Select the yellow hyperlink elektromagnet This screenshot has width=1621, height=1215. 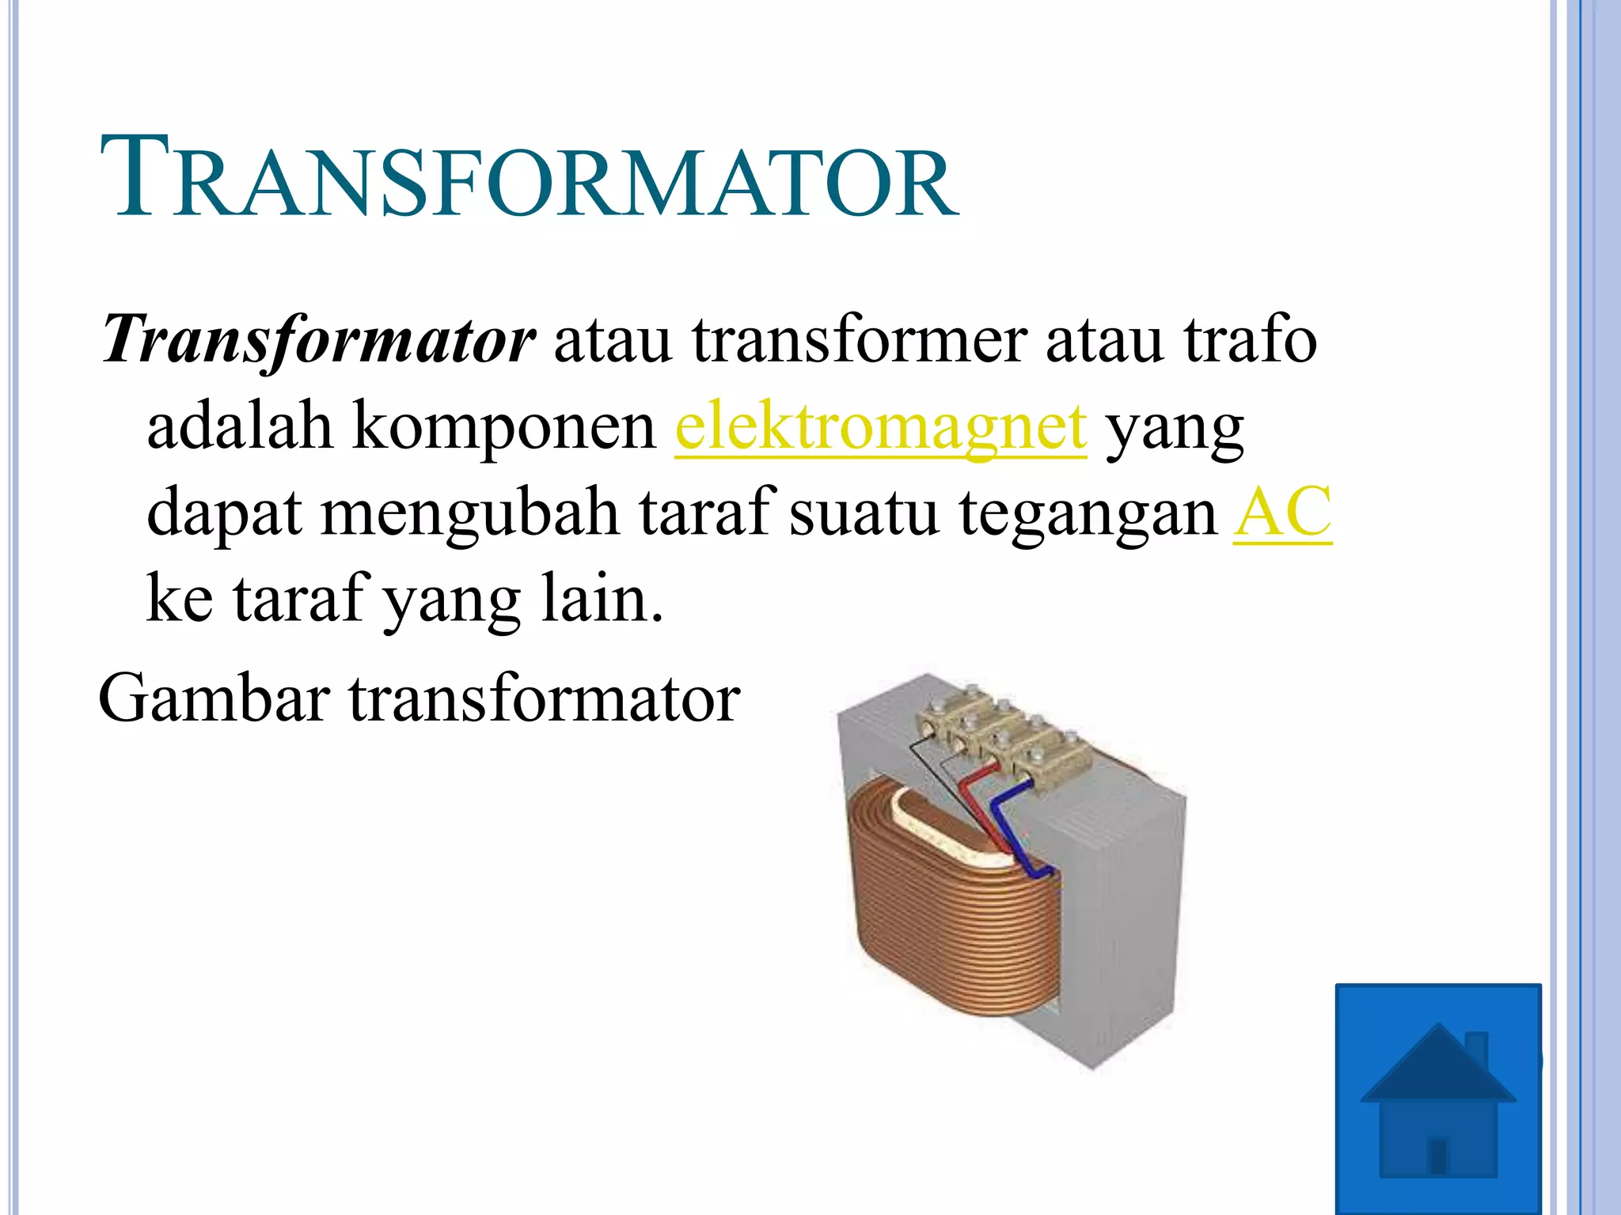tap(880, 428)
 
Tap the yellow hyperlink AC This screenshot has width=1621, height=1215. tap(1282, 513)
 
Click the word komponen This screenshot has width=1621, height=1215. tap(503, 428)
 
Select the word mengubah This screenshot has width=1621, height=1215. tap(469, 513)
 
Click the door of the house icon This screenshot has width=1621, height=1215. tap(1438, 1156)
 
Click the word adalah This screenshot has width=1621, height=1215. tap(239, 428)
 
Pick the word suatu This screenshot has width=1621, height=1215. tap(864, 513)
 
